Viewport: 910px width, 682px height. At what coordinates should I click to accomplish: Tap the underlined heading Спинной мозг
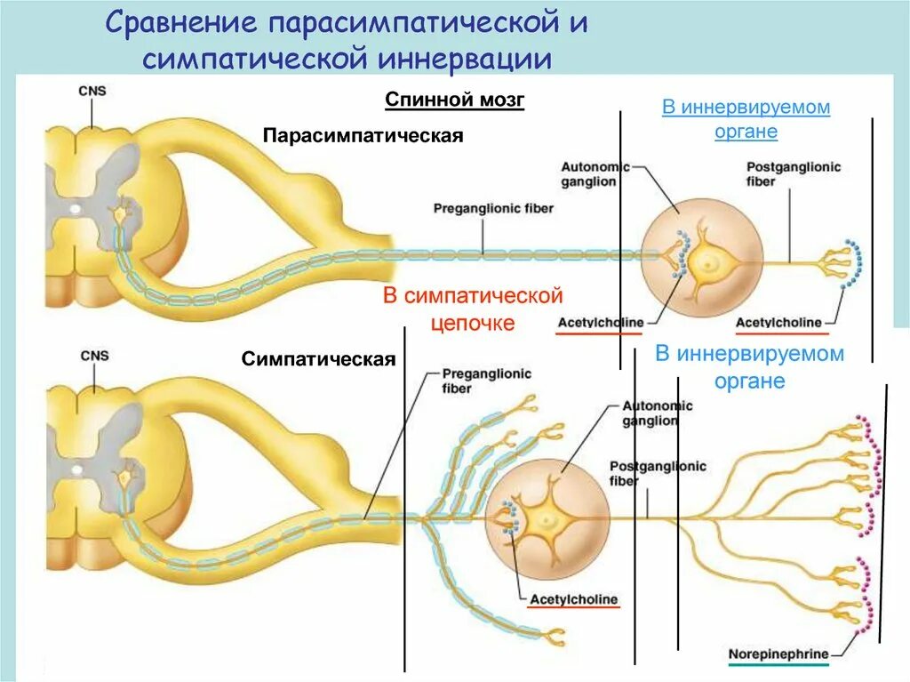(454, 100)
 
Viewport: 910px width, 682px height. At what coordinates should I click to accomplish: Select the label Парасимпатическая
(363, 135)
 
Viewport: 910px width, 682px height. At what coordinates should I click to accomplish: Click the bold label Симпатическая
(317, 360)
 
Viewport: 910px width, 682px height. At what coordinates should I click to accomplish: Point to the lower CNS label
(93, 356)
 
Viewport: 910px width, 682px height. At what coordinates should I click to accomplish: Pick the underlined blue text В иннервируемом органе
(746, 119)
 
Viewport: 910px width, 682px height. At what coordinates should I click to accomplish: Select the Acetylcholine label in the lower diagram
(573, 599)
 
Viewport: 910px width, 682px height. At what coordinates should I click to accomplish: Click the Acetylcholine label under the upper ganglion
(600, 322)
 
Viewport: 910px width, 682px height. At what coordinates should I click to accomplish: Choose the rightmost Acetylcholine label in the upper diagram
(778, 322)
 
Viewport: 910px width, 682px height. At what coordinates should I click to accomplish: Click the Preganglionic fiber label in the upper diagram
(493, 209)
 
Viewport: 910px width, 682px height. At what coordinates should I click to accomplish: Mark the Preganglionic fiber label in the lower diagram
(486, 381)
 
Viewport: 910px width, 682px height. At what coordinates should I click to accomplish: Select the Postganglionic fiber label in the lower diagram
(657, 473)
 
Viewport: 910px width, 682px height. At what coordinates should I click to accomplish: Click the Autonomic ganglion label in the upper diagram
(595, 174)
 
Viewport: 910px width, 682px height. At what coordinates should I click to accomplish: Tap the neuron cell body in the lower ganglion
(544, 518)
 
